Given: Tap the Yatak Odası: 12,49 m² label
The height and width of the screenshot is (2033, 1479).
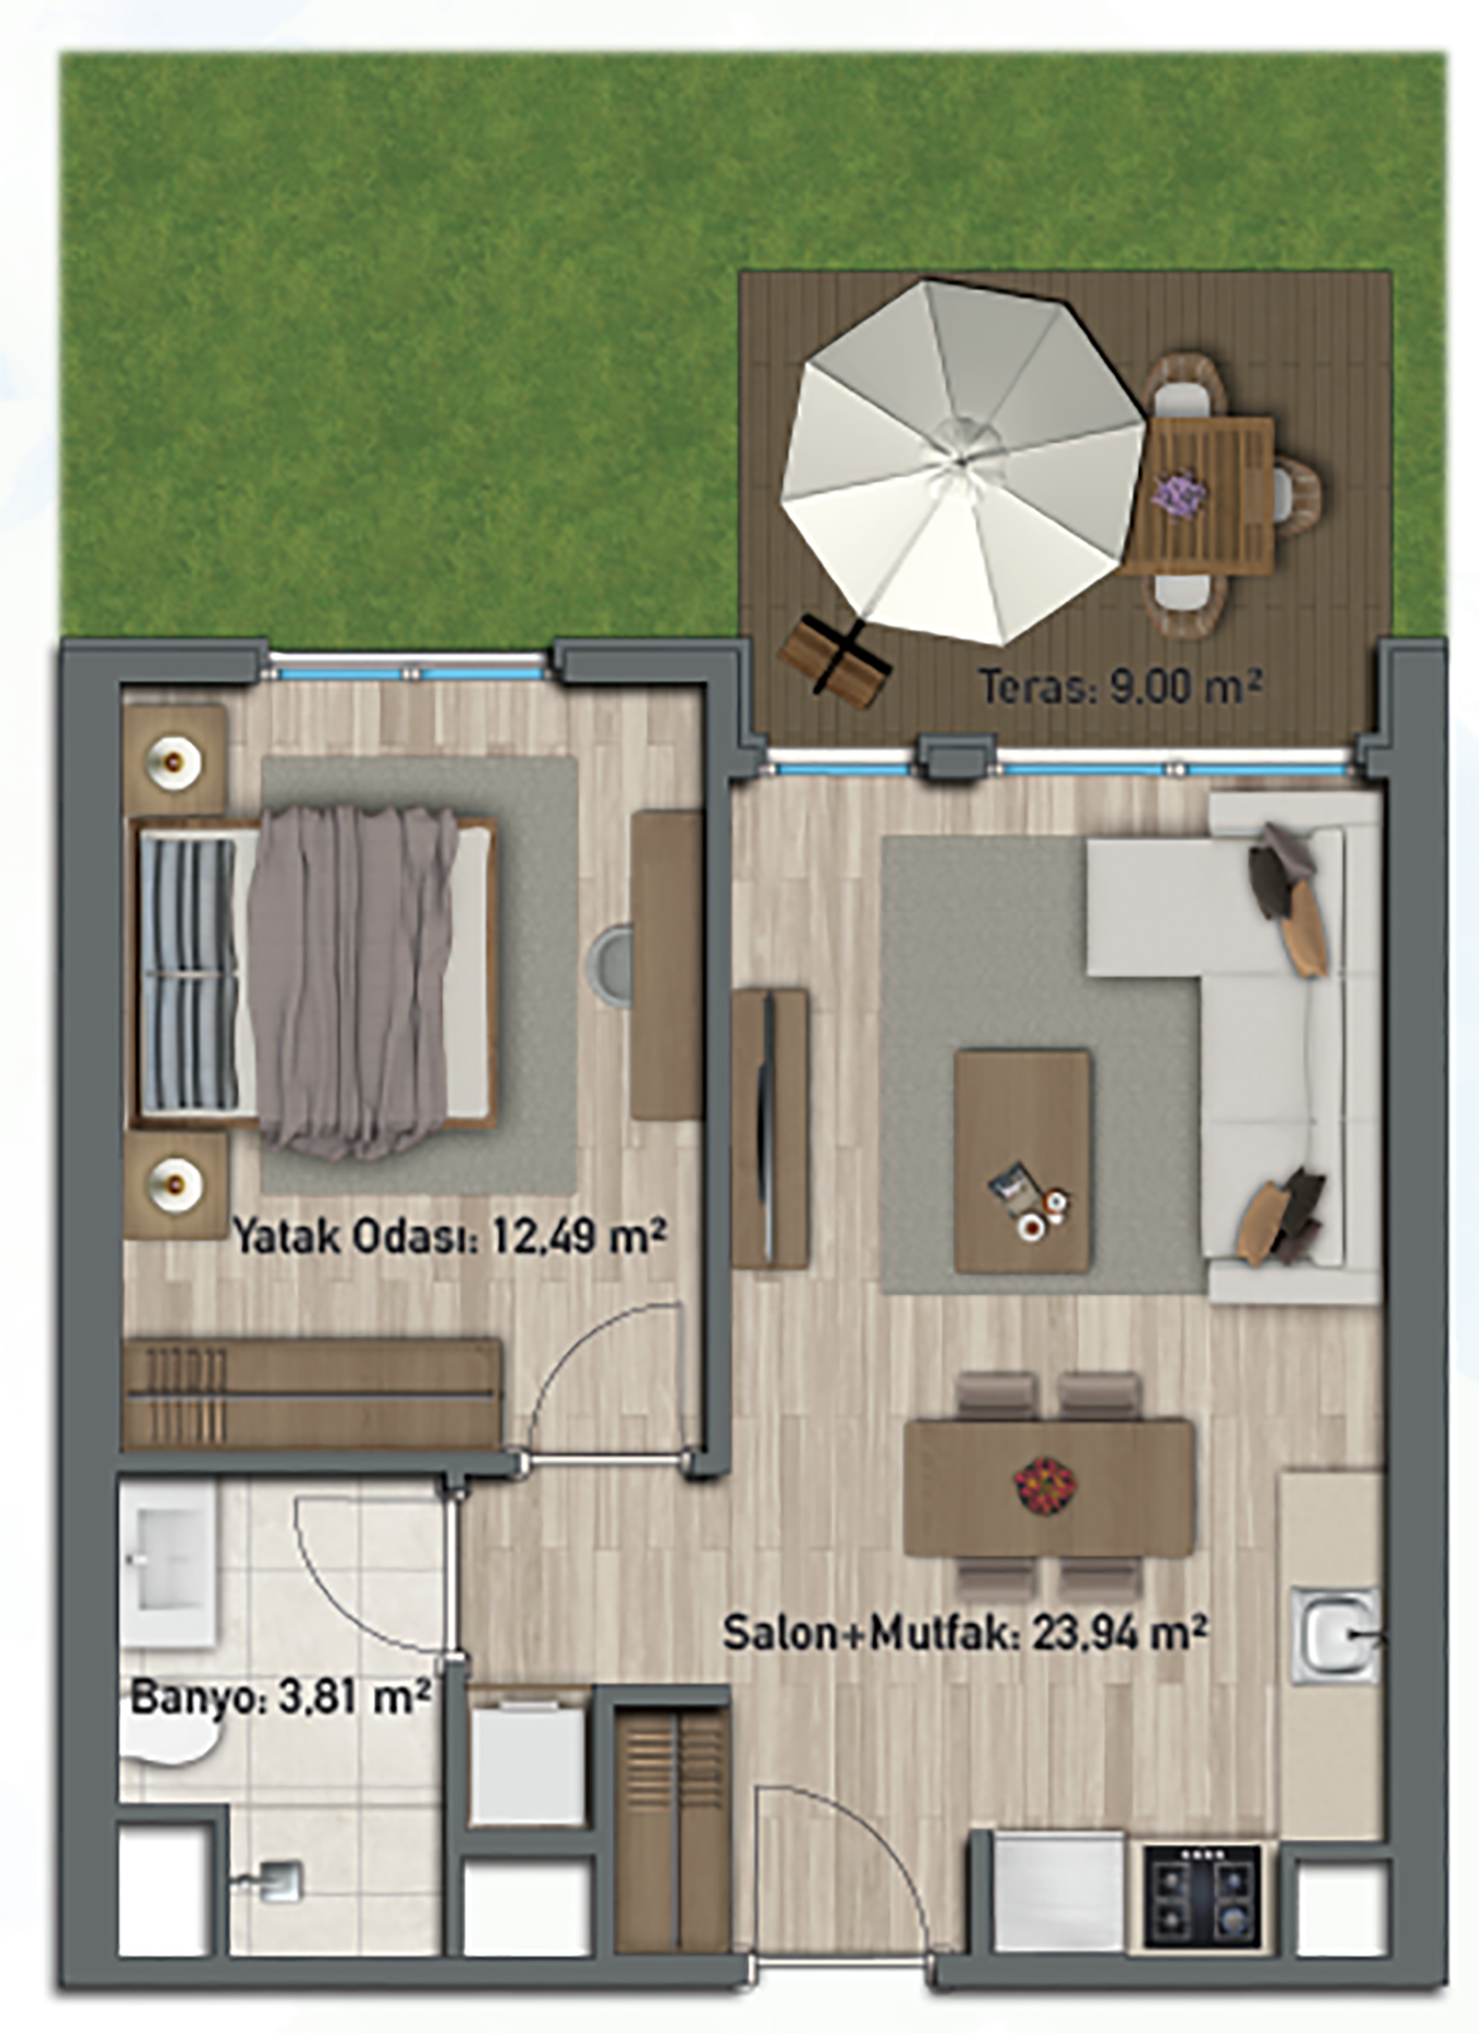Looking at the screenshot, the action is coord(449,1236).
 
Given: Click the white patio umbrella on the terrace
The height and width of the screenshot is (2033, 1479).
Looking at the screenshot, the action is coord(961,460).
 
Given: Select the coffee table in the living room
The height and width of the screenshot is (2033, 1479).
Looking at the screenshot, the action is coord(1023,1161).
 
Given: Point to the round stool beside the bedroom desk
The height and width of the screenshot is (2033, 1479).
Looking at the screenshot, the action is coord(612,964).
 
